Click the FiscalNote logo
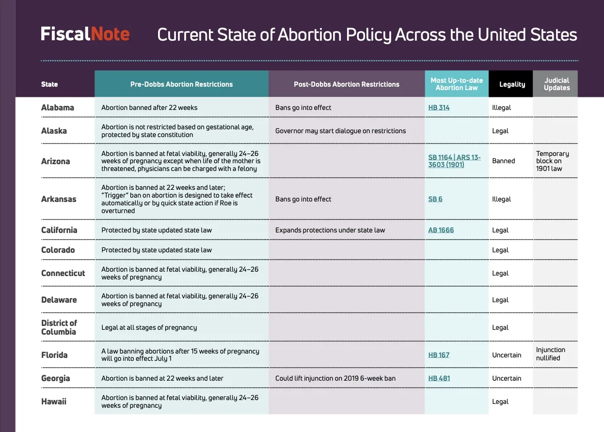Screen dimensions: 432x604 (x=85, y=34)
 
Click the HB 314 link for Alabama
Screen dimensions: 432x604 (x=439, y=108)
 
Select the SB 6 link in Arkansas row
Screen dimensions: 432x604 (x=435, y=199)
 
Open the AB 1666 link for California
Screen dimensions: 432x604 (x=441, y=230)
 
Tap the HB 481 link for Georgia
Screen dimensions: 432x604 (x=439, y=378)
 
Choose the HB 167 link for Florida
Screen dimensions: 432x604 (x=439, y=355)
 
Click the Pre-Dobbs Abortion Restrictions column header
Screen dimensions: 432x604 (x=181, y=84)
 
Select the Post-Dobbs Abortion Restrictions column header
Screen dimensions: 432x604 (x=347, y=84)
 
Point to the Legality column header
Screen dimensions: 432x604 (x=512, y=84)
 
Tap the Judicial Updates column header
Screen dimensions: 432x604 (x=556, y=84)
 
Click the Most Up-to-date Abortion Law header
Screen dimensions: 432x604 (x=456, y=84)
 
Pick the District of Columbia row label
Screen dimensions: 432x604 (x=59, y=327)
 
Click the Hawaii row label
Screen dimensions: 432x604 (x=54, y=401)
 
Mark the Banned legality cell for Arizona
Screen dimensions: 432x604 (x=503, y=161)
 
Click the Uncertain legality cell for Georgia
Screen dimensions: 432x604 (x=507, y=378)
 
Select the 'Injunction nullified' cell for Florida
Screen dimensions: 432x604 (x=550, y=354)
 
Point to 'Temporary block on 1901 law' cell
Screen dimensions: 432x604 (x=552, y=161)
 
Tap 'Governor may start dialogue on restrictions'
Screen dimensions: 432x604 (x=340, y=131)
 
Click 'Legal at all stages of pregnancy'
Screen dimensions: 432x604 (x=149, y=327)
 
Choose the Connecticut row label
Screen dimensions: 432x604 (x=63, y=273)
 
